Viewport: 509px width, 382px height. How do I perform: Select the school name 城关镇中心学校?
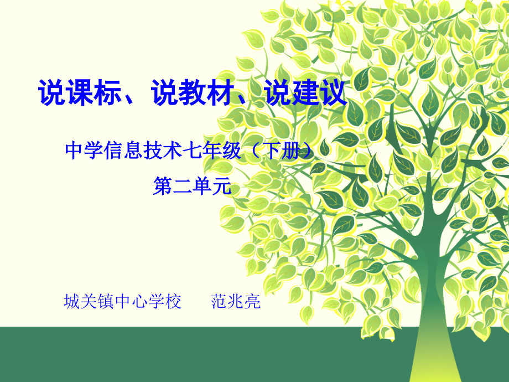click(123, 302)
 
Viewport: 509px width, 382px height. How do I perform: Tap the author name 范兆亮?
click(236, 302)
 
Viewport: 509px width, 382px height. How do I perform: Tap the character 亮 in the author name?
click(252, 302)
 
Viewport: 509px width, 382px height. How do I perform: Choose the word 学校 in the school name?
click(164, 302)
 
